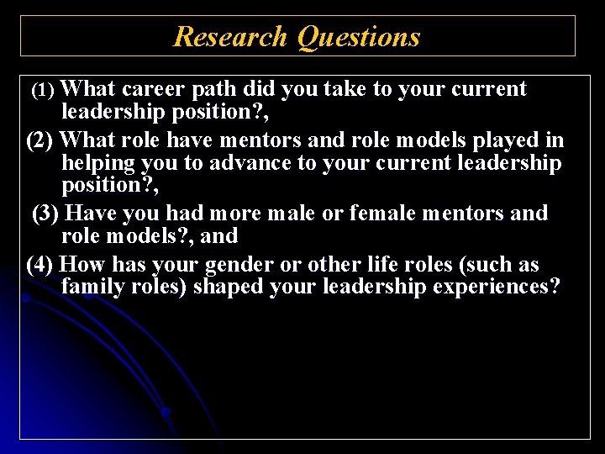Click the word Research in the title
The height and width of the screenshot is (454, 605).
231,37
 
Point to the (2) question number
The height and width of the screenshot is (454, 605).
41,140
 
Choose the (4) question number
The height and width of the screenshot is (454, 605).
41,265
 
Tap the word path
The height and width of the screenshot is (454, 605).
216,90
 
